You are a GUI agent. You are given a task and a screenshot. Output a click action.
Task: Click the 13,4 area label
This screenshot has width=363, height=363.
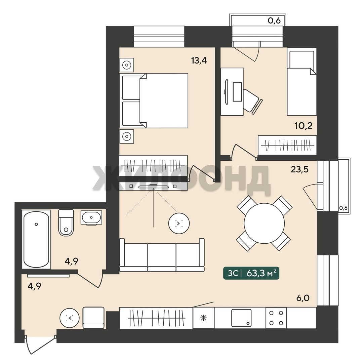pyautogui.click(x=199, y=61)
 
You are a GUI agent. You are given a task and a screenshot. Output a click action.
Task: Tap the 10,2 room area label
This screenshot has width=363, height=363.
pyautogui.click(x=304, y=126)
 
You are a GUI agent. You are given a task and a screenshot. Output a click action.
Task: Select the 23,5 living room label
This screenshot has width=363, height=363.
pyautogui.click(x=299, y=169)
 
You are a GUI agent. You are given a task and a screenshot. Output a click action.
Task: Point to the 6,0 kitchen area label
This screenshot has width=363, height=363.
pyautogui.click(x=303, y=298)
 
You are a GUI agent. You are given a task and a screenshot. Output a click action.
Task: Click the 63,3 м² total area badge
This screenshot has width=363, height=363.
pyautogui.click(x=251, y=273)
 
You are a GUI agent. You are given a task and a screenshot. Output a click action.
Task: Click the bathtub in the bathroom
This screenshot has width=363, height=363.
pyautogui.click(x=36, y=239)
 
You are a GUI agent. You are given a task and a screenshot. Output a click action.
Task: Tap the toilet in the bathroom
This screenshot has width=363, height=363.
pyautogui.click(x=66, y=223)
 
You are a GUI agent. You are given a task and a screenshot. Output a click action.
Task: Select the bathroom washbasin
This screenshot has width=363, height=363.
pyautogui.click(x=91, y=217)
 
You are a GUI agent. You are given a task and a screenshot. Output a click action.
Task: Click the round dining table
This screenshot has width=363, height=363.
pyautogui.click(x=264, y=223)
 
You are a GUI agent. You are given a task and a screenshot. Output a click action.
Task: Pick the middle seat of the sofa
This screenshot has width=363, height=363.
pyautogui.click(x=162, y=257)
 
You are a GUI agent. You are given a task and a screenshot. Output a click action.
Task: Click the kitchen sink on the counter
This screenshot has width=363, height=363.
pyautogui.click(x=241, y=318)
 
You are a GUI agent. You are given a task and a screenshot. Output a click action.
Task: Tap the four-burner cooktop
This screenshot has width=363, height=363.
pyautogui.click(x=276, y=318)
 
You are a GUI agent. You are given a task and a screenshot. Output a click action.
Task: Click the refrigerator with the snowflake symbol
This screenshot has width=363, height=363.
pyautogui.click(x=203, y=318)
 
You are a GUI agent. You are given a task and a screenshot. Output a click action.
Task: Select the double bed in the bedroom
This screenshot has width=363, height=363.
pyautogui.click(x=155, y=100)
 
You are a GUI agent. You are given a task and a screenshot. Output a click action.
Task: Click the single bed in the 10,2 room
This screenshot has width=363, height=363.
pyautogui.click(x=301, y=82)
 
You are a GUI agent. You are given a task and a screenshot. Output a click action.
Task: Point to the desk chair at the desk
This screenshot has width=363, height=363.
pyautogui.click(x=252, y=102)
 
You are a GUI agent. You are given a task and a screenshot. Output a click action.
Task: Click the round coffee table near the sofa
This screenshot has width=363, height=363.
pyautogui.click(x=179, y=224)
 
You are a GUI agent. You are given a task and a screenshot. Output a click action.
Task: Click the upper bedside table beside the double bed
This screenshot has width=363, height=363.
pyautogui.click(x=127, y=65)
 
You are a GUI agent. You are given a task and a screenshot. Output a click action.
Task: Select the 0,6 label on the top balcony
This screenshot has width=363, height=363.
pyautogui.click(x=274, y=21)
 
